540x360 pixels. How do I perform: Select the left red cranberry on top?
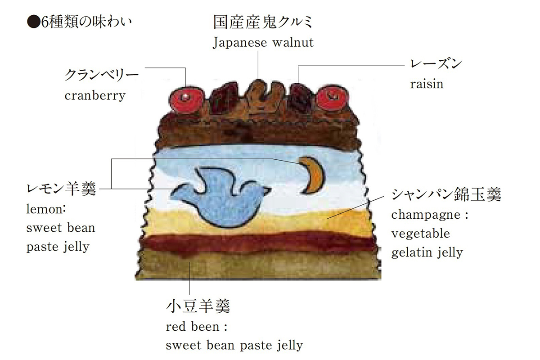[x=185, y=98]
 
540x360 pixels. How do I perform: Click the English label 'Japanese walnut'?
[x=263, y=43]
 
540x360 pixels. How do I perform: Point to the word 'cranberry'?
[x=94, y=95]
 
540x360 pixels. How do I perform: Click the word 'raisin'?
[x=426, y=84]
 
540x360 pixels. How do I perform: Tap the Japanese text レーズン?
[x=436, y=64]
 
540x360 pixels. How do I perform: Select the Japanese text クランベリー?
[x=100, y=75]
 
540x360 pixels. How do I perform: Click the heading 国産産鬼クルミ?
[x=263, y=22]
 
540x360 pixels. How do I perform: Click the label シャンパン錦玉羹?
[x=445, y=194]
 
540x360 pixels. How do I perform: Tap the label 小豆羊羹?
[x=198, y=307]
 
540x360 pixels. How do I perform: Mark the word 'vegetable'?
[x=420, y=234]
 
